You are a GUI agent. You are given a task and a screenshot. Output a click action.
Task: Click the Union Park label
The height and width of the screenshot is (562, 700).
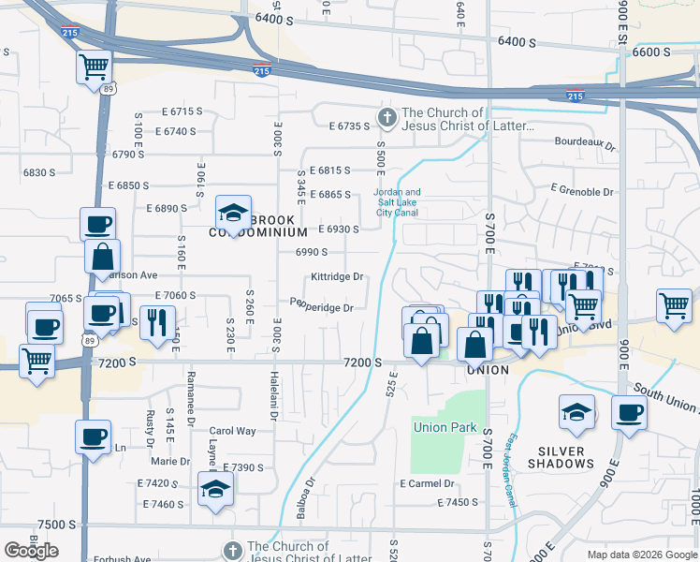tap(445, 428)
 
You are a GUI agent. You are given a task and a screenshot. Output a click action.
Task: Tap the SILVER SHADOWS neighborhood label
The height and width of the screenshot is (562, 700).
tap(561, 457)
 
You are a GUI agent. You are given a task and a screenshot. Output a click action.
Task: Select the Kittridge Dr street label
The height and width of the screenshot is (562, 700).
tap(337, 277)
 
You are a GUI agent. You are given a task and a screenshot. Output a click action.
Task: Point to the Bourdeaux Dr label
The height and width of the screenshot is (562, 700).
tap(584, 145)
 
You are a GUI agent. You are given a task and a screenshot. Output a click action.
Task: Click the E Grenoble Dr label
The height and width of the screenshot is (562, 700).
tap(582, 191)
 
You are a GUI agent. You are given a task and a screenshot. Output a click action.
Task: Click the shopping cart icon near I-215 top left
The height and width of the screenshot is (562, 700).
tap(95, 67)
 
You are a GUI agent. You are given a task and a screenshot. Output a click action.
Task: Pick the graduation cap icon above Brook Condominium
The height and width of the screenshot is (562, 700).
tap(233, 212)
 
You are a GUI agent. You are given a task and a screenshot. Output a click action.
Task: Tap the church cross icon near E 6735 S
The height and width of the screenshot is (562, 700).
tap(386, 118)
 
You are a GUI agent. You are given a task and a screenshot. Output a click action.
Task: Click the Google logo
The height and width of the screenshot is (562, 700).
tap(31, 551)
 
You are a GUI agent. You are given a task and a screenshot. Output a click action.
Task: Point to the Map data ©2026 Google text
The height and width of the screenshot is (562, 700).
tap(642, 555)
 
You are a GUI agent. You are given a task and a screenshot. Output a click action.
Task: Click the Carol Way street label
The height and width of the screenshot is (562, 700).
tap(233, 432)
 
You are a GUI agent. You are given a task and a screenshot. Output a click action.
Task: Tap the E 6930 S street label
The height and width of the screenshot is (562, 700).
tap(339, 229)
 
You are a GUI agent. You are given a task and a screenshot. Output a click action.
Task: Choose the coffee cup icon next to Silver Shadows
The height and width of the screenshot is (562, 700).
tap(630, 412)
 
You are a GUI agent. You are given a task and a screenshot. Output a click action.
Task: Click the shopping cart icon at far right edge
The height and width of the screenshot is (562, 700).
tap(674, 304)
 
